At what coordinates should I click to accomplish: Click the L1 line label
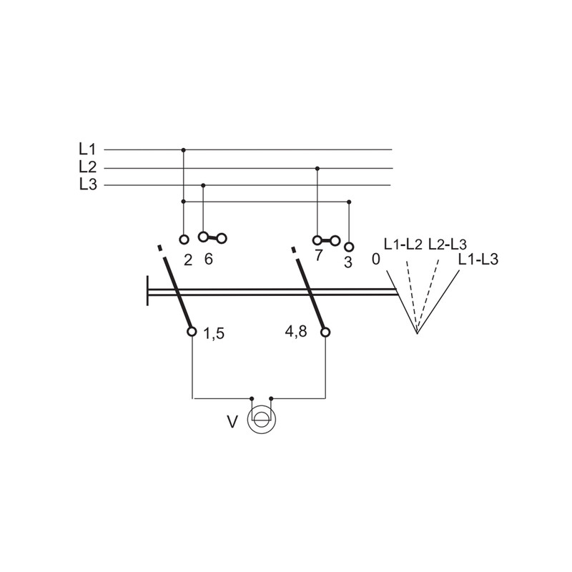tap(87, 149)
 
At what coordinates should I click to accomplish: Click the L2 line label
tap(87, 167)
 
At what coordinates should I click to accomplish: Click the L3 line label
tap(88, 184)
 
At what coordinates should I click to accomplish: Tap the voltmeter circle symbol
tap(261, 420)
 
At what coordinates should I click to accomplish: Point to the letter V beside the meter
tap(232, 422)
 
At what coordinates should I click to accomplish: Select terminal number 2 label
tap(188, 260)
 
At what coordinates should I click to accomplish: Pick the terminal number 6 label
tap(208, 260)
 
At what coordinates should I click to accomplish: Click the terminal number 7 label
tap(318, 255)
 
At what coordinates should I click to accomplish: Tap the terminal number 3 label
tap(348, 262)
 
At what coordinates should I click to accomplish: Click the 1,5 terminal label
tap(213, 333)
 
